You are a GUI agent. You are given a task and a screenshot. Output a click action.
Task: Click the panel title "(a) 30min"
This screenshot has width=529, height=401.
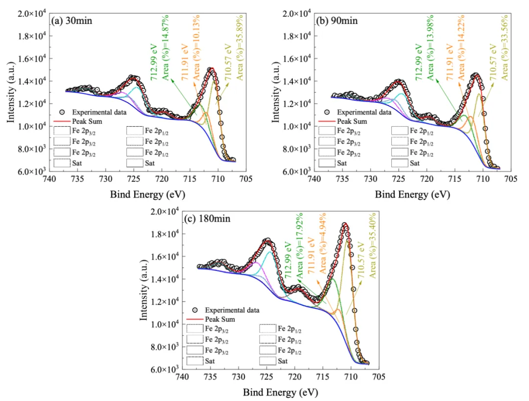pyautogui.click(x=72, y=21)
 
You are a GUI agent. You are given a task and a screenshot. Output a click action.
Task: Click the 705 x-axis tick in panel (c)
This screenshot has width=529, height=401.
pyautogui.click(x=379, y=378)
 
